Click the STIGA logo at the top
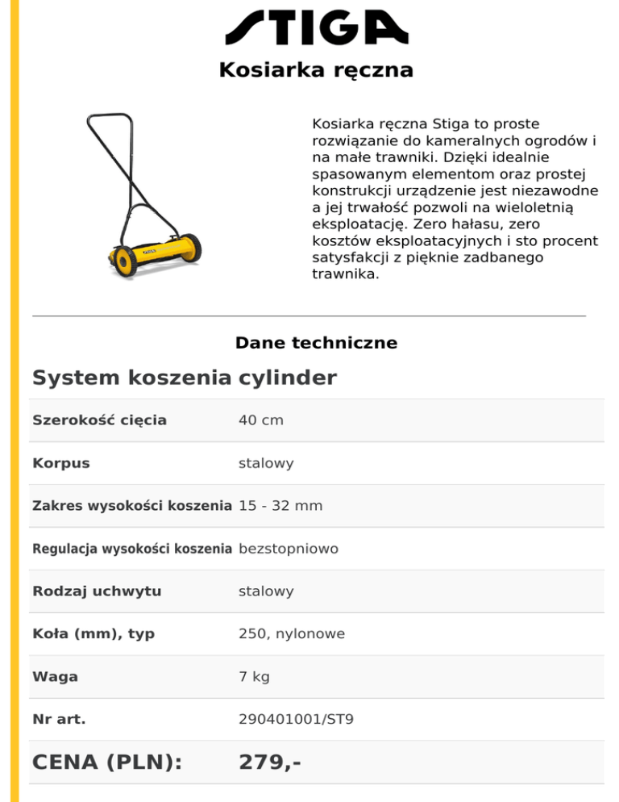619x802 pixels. (316, 29)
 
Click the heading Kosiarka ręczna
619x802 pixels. (316, 71)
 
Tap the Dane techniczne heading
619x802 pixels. (316, 343)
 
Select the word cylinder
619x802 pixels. (288, 378)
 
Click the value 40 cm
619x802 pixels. (261, 420)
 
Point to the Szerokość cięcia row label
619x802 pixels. (99, 420)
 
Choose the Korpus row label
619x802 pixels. (61, 463)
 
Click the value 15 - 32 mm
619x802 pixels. (280, 506)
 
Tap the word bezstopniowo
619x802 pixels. (289, 549)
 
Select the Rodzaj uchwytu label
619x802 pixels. (97, 591)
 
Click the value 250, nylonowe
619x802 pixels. (292, 634)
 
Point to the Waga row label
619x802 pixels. (56, 677)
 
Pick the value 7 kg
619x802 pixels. (255, 677)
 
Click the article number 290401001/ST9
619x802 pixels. (296, 720)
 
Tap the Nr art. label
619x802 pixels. (59, 720)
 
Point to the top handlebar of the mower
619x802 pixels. (110, 115)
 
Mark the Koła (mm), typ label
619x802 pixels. (93, 634)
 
